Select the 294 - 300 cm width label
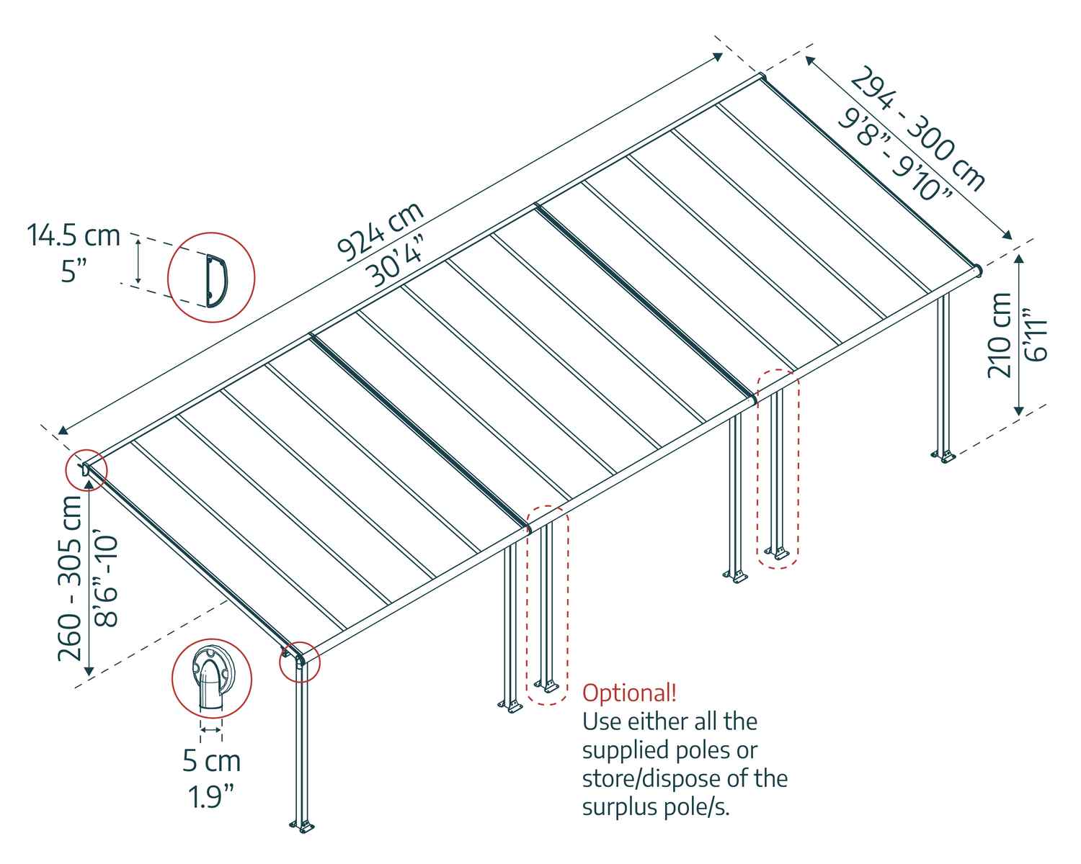click(917, 129)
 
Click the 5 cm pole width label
click(211, 760)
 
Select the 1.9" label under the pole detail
click(211, 796)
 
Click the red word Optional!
click(629, 693)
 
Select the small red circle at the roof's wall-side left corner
click(86, 471)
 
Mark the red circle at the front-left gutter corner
click(298, 661)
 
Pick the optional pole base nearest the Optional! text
click(547, 685)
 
